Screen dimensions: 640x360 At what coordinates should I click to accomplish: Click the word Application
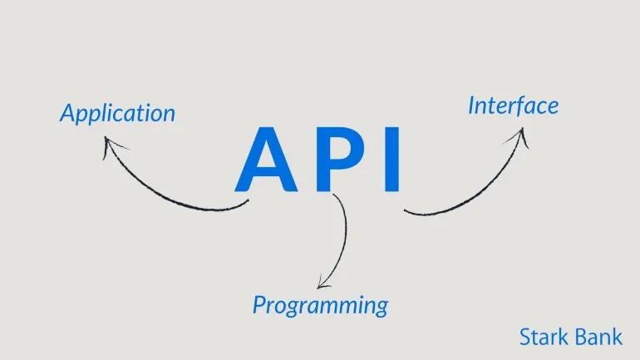(117, 114)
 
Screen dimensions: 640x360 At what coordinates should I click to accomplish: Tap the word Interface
(513, 106)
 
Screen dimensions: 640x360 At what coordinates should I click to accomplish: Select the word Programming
(320, 306)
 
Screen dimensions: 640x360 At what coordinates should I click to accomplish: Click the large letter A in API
(266, 160)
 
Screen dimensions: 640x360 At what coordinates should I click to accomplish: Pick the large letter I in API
(392, 160)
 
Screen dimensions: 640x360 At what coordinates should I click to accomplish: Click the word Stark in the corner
(544, 338)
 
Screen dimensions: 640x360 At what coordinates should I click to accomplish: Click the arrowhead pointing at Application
(111, 145)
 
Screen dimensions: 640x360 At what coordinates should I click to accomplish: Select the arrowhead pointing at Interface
(519, 136)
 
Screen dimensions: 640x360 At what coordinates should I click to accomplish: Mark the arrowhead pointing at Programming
(323, 283)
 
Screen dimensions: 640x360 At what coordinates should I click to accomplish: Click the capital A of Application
(68, 112)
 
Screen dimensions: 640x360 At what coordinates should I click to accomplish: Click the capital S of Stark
(525, 338)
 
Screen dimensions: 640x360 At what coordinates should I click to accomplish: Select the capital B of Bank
(581, 338)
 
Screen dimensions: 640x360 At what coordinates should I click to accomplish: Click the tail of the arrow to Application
(248, 201)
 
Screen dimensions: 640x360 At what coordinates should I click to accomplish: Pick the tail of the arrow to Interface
(406, 211)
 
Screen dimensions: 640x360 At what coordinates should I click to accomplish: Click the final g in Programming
(382, 308)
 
